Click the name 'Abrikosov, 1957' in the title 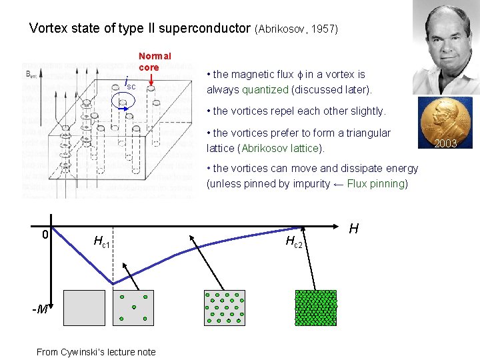click(296, 29)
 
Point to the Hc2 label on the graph click(294, 241)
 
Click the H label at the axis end click(353, 229)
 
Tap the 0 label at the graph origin click(45, 235)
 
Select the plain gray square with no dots click(84, 307)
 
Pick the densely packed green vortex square click(315, 307)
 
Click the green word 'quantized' click(265, 89)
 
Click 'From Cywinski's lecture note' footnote click(96, 352)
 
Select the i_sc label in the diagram click(130, 84)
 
